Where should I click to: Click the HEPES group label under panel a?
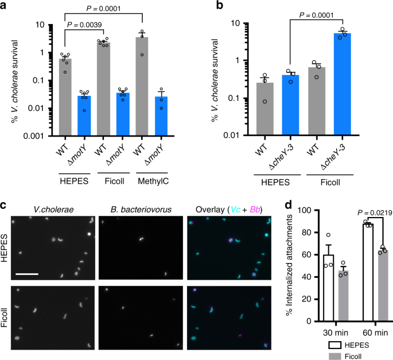coord(76,184)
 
